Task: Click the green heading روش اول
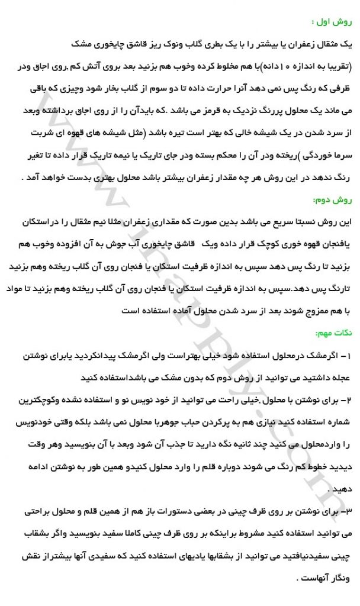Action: pos(335,22)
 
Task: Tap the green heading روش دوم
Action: pos(335,199)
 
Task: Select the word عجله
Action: pos(340,378)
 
